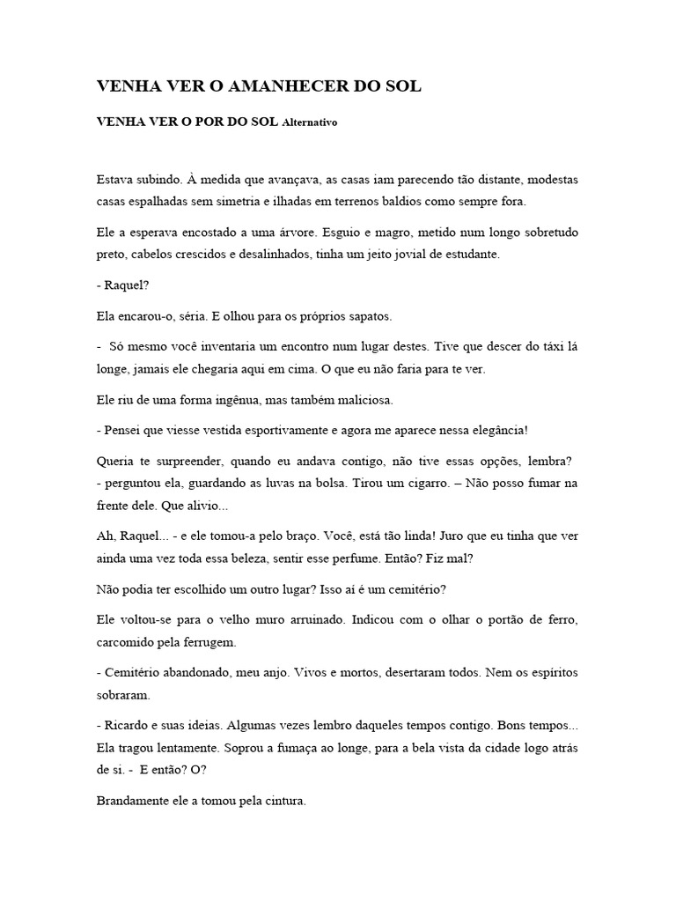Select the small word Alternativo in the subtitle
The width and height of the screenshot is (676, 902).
tap(309, 123)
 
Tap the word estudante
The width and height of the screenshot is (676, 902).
tap(473, 254)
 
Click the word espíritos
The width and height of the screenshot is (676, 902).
tap(547, 673)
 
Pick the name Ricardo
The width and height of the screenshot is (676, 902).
tap(125, 726)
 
